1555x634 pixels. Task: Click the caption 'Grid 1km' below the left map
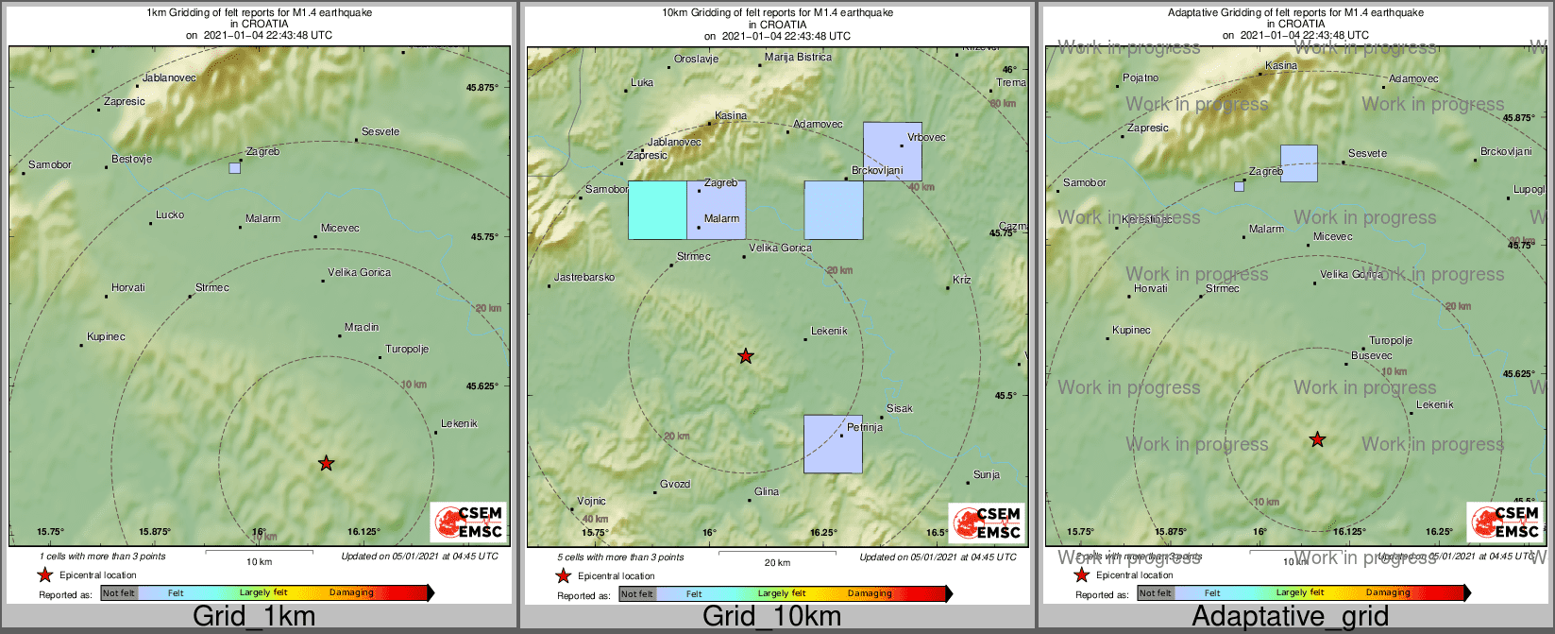pos(253,617)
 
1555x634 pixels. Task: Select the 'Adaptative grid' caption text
pos(1290,617)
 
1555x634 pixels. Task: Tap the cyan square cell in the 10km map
pos(657,210)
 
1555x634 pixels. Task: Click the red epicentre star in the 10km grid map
pos(746,356)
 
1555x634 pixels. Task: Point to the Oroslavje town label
pos(696,59)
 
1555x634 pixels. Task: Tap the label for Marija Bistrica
pos(798,57)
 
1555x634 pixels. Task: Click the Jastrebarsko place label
pos(584,277)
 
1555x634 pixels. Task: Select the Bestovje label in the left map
pos(131,160)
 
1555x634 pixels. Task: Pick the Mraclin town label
pos(362,327)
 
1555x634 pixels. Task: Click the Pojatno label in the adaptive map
pos(1141,77)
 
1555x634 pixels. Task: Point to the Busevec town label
pos(1371,356)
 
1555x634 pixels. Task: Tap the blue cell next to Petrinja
pos(833,443)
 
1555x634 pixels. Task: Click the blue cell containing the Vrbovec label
pos(892,151)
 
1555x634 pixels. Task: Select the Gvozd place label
pos(675,484)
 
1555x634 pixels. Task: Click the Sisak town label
pos(900,408)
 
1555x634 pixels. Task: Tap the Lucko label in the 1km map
pos(170,214)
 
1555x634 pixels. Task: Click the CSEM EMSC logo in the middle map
pos(986,523)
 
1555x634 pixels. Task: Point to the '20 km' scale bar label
pos(777,563)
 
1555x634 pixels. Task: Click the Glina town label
pos(767,491)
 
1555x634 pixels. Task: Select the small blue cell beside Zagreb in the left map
pos(234,168)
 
